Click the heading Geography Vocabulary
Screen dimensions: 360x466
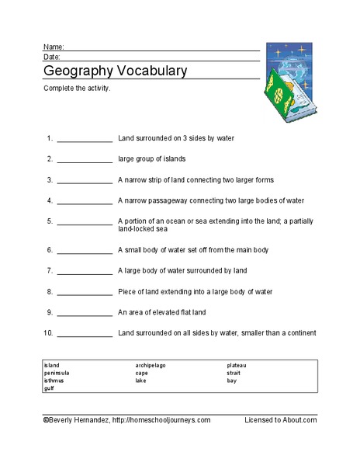click(115, 71)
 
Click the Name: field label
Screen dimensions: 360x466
click(53, 47)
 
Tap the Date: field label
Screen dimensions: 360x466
click(51, 57)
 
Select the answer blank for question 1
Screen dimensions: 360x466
click(85, 140)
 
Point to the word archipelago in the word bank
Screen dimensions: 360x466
click(151, 364)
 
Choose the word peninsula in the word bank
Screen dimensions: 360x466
click(57, 373)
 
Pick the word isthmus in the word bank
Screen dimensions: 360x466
click(54, 381)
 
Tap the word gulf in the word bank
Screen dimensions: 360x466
click(49, 388)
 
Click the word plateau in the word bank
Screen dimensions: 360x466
click(237, 364)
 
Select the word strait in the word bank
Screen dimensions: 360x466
click(234, 373)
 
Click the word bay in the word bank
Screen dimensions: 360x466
click(232, 381)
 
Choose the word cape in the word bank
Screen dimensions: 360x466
click(141, 373)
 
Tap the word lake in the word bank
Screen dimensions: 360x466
click(140, 381)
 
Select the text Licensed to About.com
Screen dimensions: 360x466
click(280, 419)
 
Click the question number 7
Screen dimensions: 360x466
click(49, 271)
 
